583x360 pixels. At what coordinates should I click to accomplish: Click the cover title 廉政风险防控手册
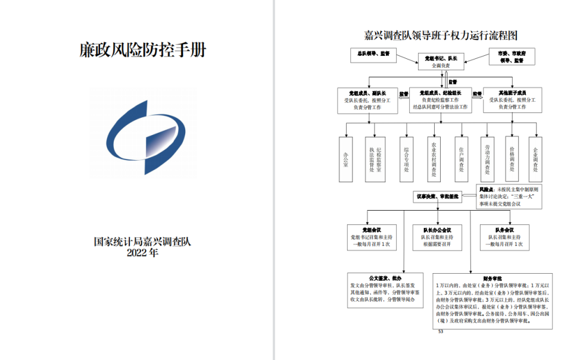tap(143, 50)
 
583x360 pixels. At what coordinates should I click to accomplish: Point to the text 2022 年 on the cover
tap(143, 252)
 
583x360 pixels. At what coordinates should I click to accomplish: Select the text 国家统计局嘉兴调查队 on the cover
tap(143, 242)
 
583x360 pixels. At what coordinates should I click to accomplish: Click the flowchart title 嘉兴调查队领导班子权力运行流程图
tap(441, 36)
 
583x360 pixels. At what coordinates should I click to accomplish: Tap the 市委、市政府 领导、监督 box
tap(513, 57)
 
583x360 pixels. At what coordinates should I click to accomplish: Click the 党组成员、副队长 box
tap(369, 101)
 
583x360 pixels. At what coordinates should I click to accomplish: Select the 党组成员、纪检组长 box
tap(441, 101)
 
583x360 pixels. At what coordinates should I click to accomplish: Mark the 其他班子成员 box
tap(513, 101)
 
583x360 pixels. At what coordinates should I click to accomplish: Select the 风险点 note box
tap(509, 196)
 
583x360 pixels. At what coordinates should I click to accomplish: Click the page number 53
tap(441, 331)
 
